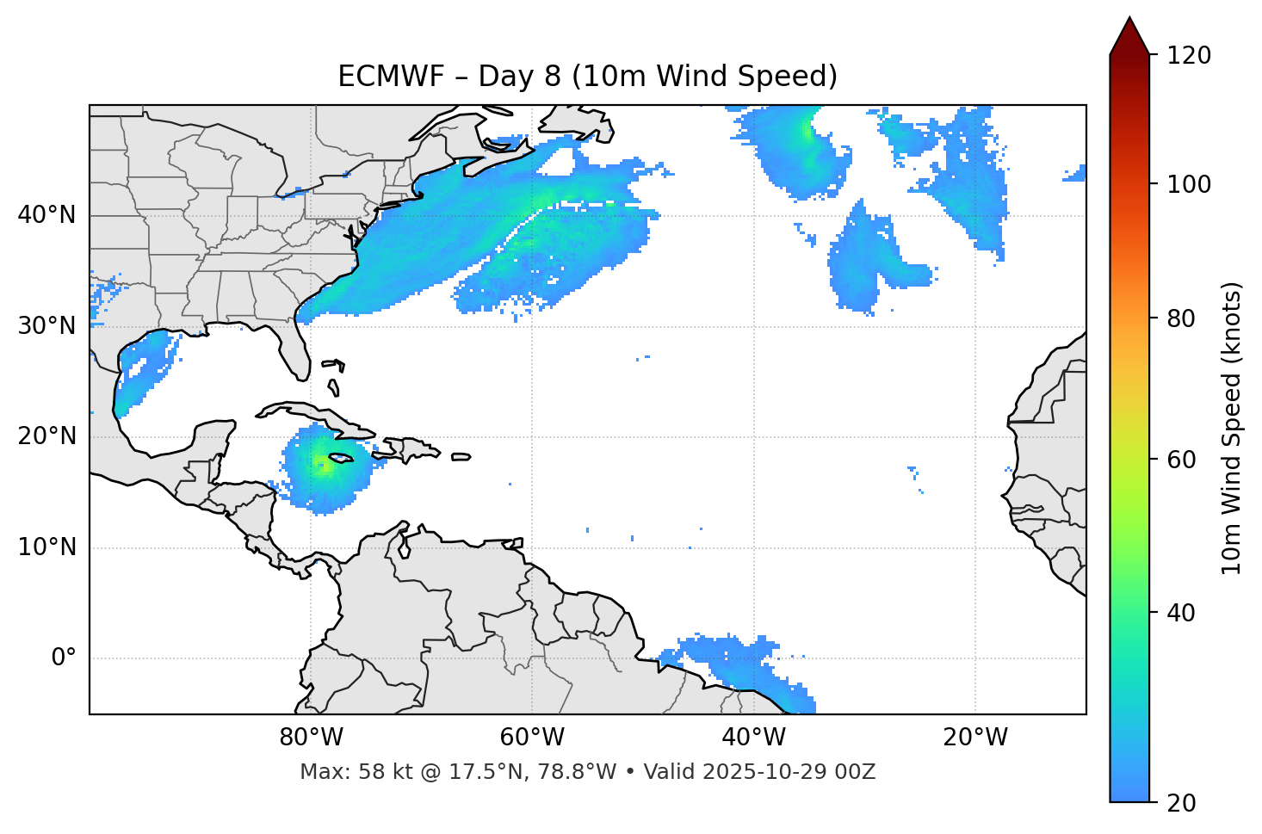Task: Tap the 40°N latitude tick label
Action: [x=46, y=215]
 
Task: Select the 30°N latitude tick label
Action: [x=46, y=326]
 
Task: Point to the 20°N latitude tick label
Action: [x=46, y=436]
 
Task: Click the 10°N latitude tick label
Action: [x=46, y=547]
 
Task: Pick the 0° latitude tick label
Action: [x=63, y=658]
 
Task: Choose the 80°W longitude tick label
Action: [x=311, y=738]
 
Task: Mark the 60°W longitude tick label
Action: [x=532, y=738]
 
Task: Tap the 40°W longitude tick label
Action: [x=753, y=738]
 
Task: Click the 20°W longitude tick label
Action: [x=974, y=738]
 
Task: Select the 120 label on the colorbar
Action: [x=1189, y=56]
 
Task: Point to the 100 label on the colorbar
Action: [x=1189, y=184]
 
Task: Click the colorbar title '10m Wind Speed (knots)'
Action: [x=1232, y=428]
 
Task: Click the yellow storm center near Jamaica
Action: [x=322, y=466]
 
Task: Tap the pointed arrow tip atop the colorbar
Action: [x=1129, y=19]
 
